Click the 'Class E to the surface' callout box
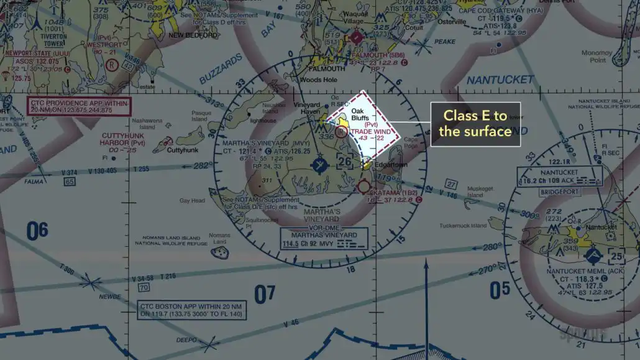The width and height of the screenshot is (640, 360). point(475,124)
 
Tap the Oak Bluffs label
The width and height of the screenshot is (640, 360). point(361,114)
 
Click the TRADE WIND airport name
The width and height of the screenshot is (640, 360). point(371,131)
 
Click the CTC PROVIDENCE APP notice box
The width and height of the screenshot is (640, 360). point(78,106)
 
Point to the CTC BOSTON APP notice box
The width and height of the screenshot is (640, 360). point(192,310)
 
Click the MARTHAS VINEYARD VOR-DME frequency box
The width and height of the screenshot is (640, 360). point(324,238)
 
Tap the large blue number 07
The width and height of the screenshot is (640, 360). point(265,293)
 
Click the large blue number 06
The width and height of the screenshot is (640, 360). point(37,231)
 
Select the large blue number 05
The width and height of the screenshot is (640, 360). point(500,289)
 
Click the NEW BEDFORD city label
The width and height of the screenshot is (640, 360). point(193,35)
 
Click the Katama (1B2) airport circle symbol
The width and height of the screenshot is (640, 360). point(364,186)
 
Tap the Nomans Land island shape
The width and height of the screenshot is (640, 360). point(219,252)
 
